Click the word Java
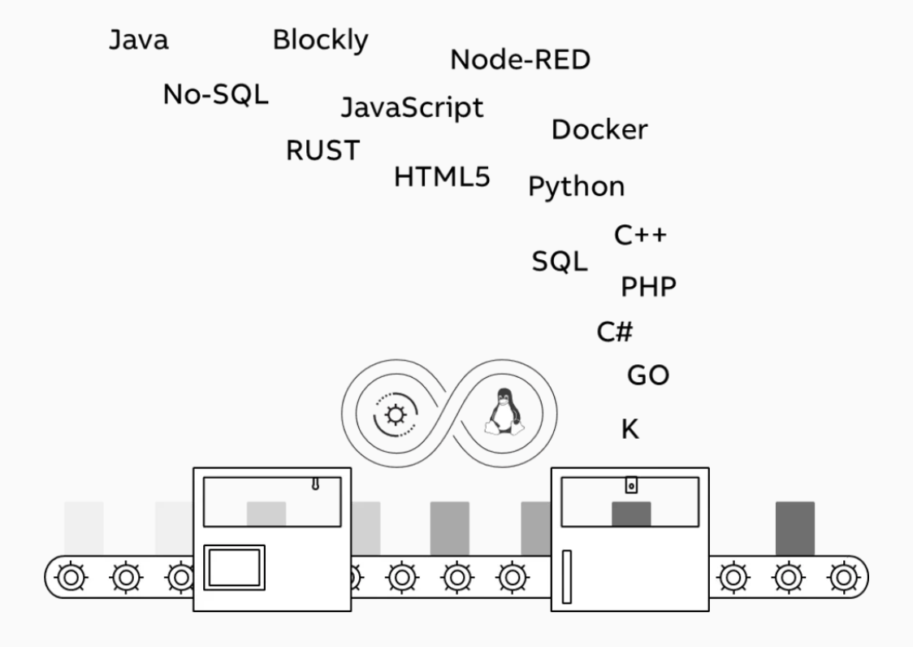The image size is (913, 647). pyautogui.click(x=139, y=41)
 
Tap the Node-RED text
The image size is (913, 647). pyautogui.click(x=520, y=59)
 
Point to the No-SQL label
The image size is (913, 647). pyautogui.click(x=215, y=95)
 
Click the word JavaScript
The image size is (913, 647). pyautogui.click(x=411, y=107)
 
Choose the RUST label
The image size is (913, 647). pyautogui.click(x=322, y=150)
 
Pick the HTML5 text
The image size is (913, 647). pyautogui.click(x=442, y=176)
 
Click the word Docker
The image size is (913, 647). pyautogui.click(x=599, y=129)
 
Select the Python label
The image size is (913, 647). pyautogui.click(x=577, y=187)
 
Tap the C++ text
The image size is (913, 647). pyautogui.click(x=640, y=235)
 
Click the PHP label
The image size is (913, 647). pyautogui.click(x=648, y=286)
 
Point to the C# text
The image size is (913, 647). pyautogui.click(x=615, y=332)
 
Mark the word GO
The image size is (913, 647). pyautogui.click(x=648, y=376)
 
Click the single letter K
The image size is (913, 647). pyautogui.click(x=630, y=429)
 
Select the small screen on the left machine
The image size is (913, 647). pyautogui.click(x=234, y=567)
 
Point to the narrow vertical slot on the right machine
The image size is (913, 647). pyautogui.click(x=566, y=577)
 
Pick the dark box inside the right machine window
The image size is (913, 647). pyautogui.click(x=631, y=514)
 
